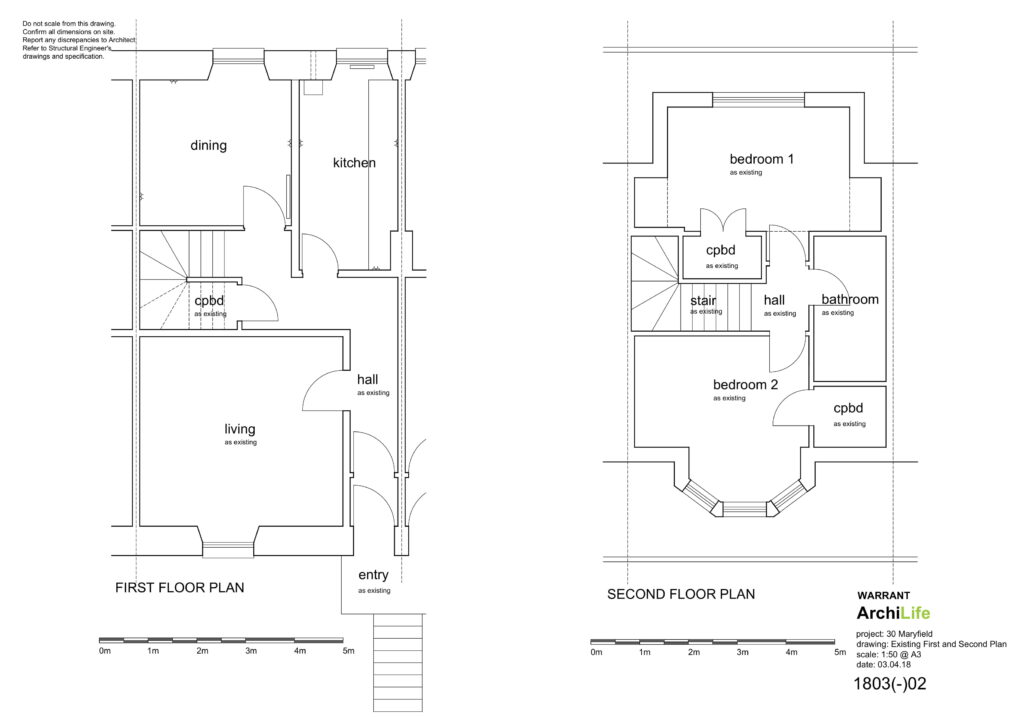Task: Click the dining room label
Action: tap(208, 146)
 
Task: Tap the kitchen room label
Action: tap(354, 163)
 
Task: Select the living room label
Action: tap(240, 430)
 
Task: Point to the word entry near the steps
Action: tap(373, 575)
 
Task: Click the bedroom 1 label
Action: tap(761, 159)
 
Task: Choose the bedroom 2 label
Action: tap(745, 385)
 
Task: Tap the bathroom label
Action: tap(850, 300)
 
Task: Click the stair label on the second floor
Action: tap(703, 301)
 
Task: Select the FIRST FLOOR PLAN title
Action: tap(180, 588)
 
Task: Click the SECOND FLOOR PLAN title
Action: tap(680, 594)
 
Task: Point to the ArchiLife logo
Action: tap(893, 613)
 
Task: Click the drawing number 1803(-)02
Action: tap(889, 684)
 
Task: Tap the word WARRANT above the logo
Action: tap(883, 595)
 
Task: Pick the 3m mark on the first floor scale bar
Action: tap(251, 651)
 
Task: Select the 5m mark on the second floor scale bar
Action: tap(840, 652)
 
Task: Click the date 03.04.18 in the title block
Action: tap(894, 665)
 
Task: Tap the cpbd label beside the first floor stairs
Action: tap(209, 301)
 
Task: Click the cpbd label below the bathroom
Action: tap(848, 409)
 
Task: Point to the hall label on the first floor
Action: tap(367, 379)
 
